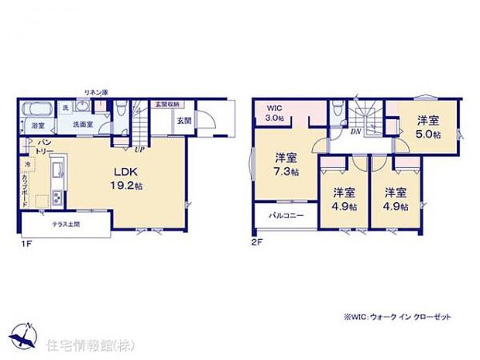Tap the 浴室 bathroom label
[38, 125]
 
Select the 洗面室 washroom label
[83, 124]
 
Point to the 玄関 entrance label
[183, 121]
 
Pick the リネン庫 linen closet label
[96, 93]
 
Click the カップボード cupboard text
[26, 189]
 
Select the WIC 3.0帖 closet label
[276, 113]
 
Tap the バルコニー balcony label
[286, 215]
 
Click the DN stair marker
[355, 132]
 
